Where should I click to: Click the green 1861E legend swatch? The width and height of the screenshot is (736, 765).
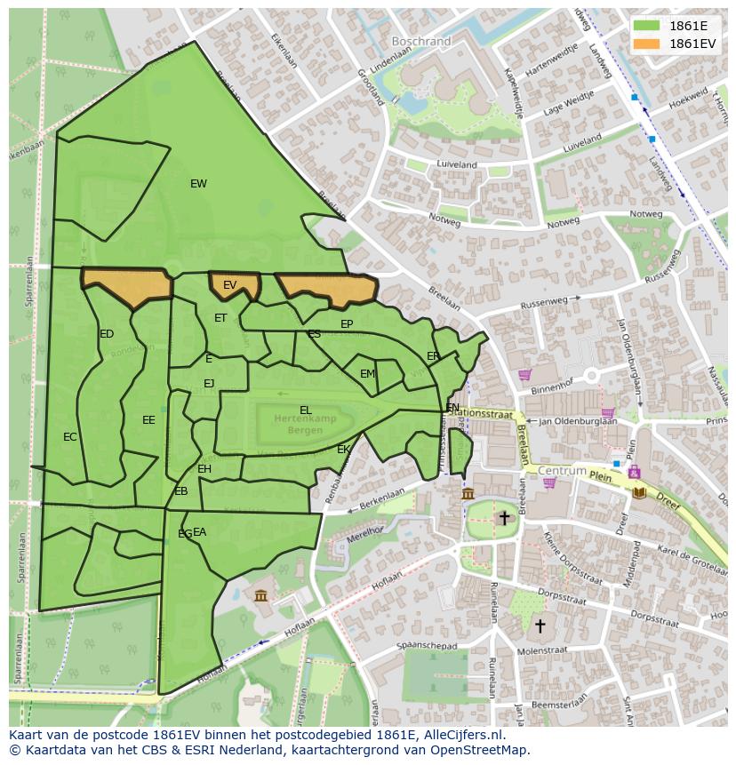click(x=647, y=26)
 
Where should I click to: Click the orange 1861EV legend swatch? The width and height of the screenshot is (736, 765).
click(x=647, y=44)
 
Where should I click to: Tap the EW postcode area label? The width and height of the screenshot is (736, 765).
click(x=198, y=184)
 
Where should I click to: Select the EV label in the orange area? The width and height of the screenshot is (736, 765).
click(x=229, y=285)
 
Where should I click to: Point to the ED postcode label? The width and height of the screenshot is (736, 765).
click(x=107, y=334)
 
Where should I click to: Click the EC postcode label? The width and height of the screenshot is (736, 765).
click(x=70, y=437)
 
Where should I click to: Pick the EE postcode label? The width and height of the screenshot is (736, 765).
click(x=148, y=420)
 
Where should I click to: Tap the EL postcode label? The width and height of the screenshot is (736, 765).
click(x=306, y=410)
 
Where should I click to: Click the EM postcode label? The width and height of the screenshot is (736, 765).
click(x=367, y=374)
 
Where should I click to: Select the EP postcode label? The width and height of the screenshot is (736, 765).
click(x=347, y=324)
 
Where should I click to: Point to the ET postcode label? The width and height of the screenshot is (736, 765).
click(x=220, y=318)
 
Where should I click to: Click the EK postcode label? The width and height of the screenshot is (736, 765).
click(x=343, y=450)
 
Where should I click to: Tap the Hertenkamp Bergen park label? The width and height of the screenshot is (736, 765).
click(x=299, y=423)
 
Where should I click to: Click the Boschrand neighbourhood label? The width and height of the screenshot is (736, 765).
click(x=420, y=41)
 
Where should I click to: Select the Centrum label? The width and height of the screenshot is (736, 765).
click(x=562, y=470)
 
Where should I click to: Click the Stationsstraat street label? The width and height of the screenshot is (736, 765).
click(x=481, y=412)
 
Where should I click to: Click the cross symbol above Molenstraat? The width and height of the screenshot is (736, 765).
click(x=539, y=626)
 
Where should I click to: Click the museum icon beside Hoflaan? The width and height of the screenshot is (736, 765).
click(x=260, y=594)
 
